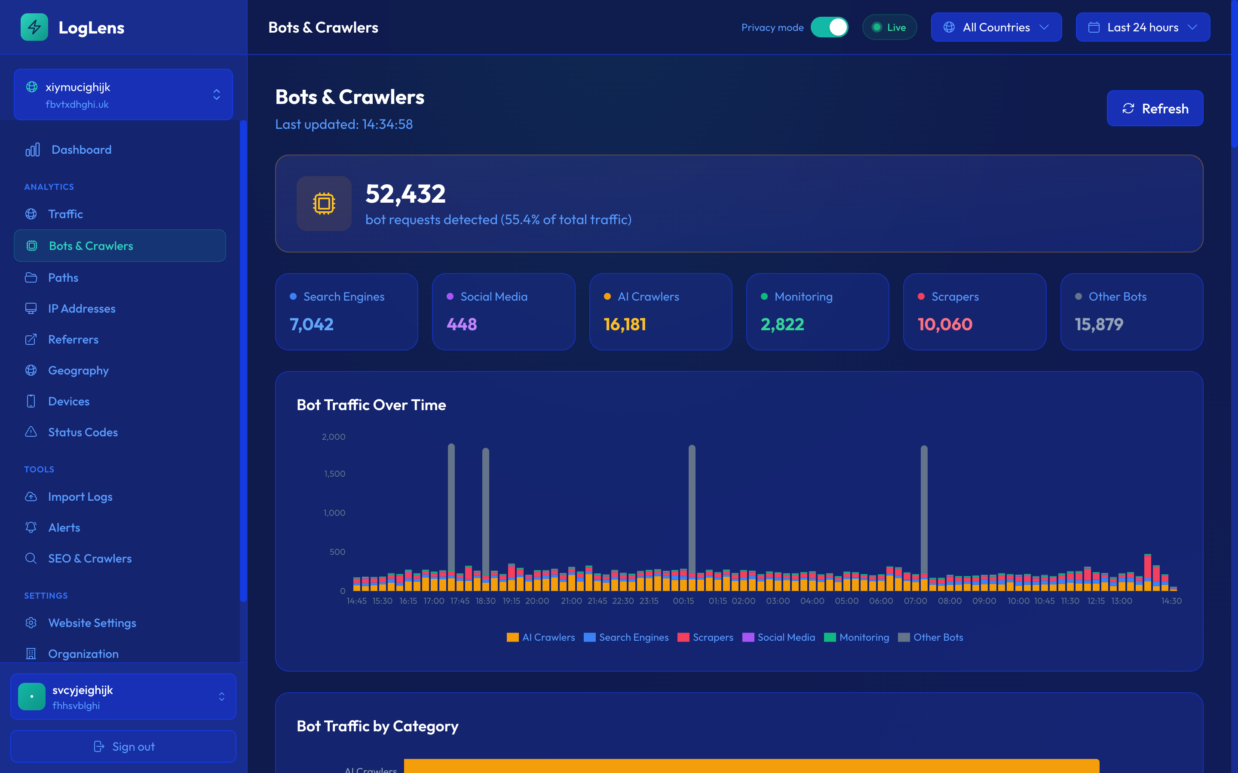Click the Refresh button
1155,108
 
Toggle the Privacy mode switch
829,27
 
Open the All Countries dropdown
996,27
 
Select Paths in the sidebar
63,277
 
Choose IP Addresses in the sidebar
81,309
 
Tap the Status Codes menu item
83,432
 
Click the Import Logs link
80,497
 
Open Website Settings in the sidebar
92,623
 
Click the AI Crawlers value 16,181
625,325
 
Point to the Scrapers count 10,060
944,325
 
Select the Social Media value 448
461,325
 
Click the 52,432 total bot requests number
405,194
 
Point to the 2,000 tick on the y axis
334,437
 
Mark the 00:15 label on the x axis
683,601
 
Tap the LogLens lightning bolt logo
34,27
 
